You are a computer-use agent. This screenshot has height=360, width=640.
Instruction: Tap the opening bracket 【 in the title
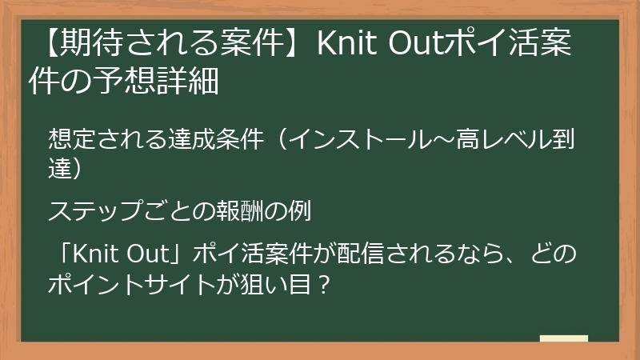pos(46,44)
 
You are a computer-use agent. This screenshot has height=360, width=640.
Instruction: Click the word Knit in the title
pos(346,44)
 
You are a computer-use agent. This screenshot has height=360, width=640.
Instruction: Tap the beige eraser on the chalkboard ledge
pos(563,338)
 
